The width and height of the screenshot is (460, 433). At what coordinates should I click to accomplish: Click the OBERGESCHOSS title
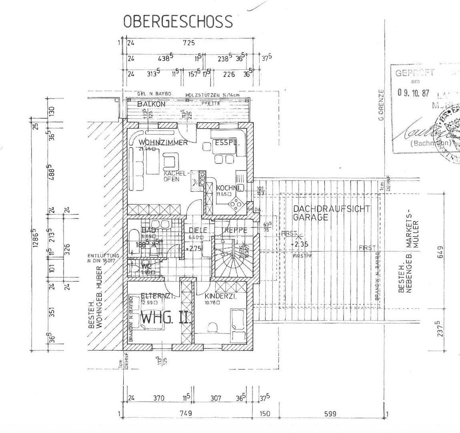tap(178, 21)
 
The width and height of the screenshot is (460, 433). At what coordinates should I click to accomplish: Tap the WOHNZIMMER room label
tap(163, 142)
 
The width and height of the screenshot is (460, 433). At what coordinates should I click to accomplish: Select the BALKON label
tap(151, 104)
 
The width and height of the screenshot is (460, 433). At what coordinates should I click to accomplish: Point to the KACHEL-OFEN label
tap(175, 176)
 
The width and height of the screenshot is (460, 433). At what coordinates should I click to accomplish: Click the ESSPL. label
tap(227, 142)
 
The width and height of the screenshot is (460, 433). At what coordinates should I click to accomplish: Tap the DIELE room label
tap(198, 230)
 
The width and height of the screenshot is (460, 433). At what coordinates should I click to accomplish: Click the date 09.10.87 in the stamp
tap(413, 93)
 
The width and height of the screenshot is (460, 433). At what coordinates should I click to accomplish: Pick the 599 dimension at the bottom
tap(330, 413)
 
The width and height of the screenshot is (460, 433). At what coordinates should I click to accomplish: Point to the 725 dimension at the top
tap(189, 43)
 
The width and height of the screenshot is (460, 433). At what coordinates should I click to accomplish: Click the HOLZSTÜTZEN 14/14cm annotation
tap(212, 95)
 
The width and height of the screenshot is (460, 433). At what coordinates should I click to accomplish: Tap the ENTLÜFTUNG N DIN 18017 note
tap(103, 258)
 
